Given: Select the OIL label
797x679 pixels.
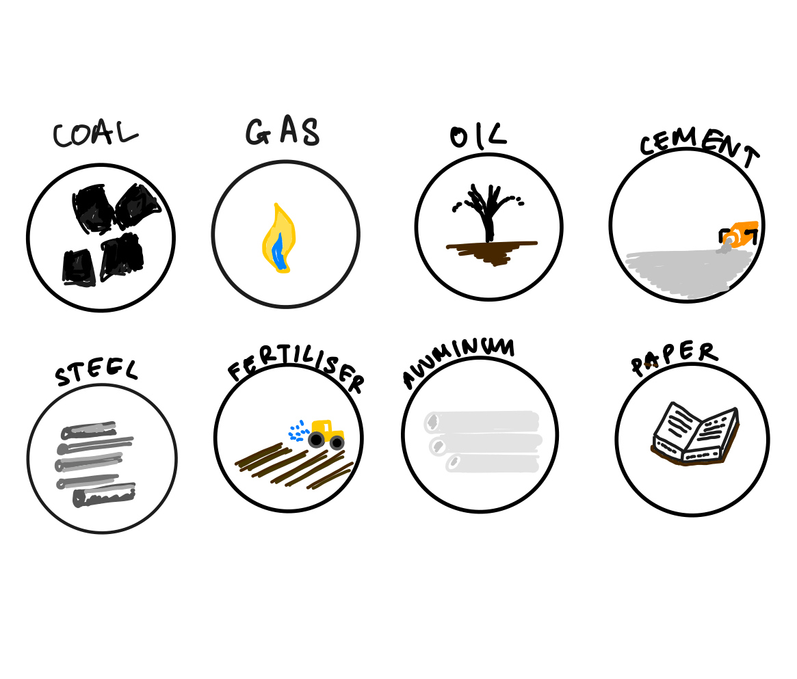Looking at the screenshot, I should [478, 135].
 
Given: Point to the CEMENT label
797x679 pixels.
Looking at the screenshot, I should [699, 150].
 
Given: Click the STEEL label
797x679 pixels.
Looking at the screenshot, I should [96, 372].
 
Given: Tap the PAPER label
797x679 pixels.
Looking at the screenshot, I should [673, 358].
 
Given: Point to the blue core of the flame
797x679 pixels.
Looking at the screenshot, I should [278, 250].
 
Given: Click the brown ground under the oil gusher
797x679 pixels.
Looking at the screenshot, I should [489, 252].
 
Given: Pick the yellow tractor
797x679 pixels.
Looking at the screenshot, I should [326, 434].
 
